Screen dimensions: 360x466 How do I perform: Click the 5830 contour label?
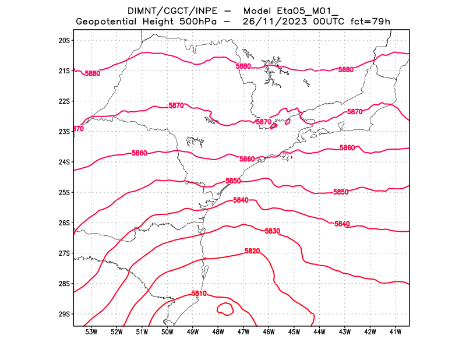point(273,231)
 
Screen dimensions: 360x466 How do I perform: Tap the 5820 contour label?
point(252,251)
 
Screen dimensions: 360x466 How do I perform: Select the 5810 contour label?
point(199,294)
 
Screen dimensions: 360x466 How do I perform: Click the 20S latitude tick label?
point(64,40)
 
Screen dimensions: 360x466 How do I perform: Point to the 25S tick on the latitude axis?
point(64,192)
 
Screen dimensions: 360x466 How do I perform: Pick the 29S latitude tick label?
point(64,314)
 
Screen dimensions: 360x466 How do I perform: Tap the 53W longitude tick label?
point(91,332)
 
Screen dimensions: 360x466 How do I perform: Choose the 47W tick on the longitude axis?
point(243,332)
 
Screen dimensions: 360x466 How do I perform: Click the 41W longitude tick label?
point(396,332)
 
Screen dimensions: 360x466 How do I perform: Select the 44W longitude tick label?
point(319,332)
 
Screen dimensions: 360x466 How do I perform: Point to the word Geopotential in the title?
point(108,22)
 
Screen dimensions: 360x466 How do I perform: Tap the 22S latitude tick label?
point(64,101)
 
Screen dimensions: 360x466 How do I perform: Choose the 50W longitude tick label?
point(167,332)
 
